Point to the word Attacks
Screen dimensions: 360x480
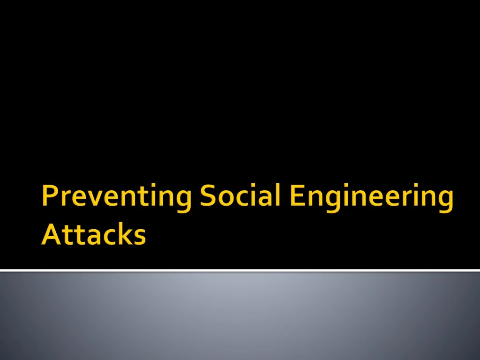click(x=93, y=234)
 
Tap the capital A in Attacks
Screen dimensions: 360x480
click(x=50, y=234)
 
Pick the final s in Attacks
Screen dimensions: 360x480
click(x=139, y=237)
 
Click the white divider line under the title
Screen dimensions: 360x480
click(x=240, y=270)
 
